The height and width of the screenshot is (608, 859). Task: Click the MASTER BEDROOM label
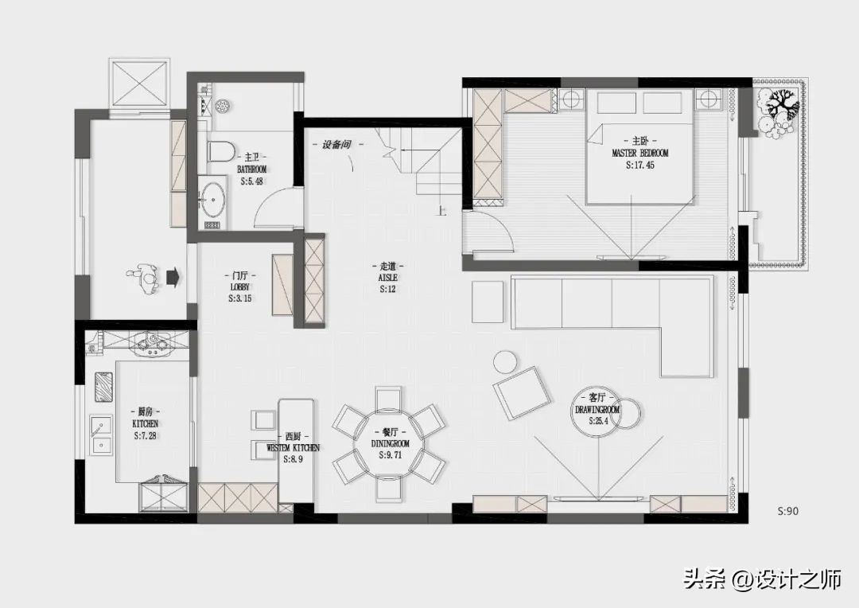[x=639, y=153]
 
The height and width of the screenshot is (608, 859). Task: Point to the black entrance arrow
[x=171, y=277]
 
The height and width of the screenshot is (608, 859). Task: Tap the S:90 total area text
[x=787, y=511]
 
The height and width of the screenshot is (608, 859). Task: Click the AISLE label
[x=388, y=277]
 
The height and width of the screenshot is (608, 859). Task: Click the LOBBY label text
[x=240, y=286]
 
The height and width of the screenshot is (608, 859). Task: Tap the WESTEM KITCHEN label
[x=293, y=448]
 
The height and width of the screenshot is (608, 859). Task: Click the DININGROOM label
[x=390, y=442]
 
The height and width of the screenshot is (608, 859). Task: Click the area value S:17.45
[x=639, y=166]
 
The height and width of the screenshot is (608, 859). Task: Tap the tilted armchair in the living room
[x=521, y=392]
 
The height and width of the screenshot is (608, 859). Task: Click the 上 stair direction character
[x=442, y=212]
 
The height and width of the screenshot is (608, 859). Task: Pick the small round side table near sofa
[x=506, y=361]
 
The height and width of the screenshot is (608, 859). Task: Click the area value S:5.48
[x=251, y=181]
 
